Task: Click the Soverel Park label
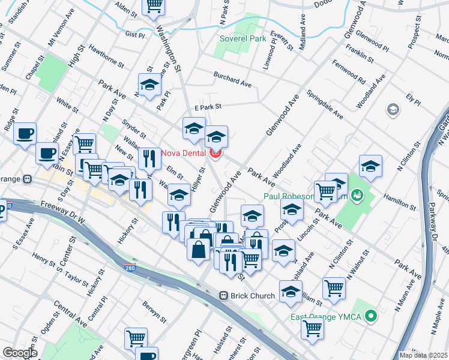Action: coord(243,38)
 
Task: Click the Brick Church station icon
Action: coord(223,295)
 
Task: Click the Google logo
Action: coord(20,353)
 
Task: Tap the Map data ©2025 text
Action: coord(424,355)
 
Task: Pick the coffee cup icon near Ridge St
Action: coord(25,133)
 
